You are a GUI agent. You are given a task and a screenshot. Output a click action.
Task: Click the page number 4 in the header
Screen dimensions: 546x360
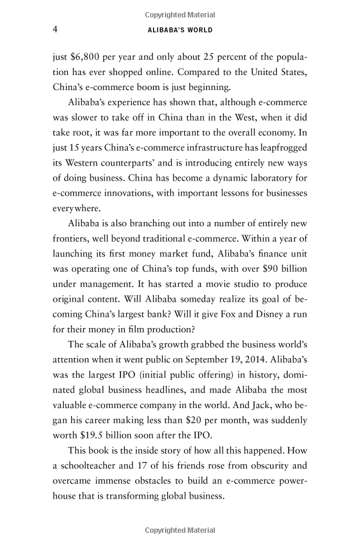pyautogui.click(x=55, y=29)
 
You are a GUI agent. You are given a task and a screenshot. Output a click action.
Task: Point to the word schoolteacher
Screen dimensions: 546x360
pyautogui.click(x=99, y=478)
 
